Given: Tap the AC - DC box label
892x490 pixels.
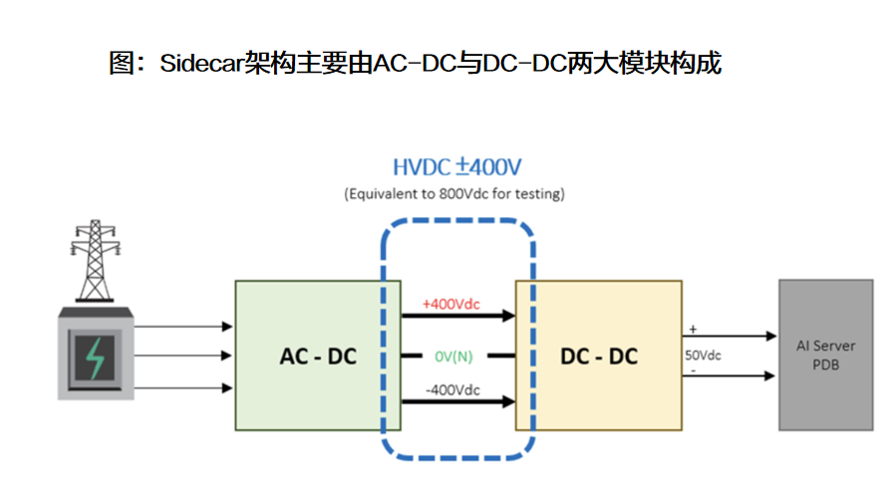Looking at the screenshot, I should (318, 356).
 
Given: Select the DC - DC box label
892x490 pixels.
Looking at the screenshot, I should (598, 356).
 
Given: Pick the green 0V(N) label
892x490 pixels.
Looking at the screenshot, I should (458, 356).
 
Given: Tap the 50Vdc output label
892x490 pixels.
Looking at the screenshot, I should (703, 355).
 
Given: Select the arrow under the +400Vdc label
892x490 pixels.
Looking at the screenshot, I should (458, 317).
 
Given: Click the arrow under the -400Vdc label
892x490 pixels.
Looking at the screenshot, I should (458, 402).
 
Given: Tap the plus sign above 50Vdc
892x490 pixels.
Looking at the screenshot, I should (692, 329).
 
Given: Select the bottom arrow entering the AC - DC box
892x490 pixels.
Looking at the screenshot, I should (184, 387).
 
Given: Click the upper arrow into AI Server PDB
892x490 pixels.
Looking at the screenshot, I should (730, 337).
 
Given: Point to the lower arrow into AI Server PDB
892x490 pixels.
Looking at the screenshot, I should (730, 375).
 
